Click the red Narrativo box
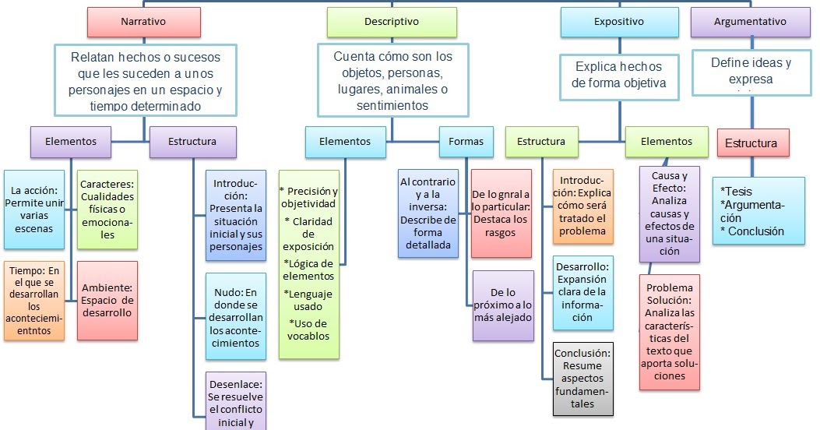coord(143,22)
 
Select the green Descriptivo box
coord(391,22)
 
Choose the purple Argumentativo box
coord(750,22)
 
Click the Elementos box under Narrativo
coord(71,142)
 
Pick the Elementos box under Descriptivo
coord(345,142)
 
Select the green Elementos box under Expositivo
coord(666,142)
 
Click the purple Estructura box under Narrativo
coord(192,142)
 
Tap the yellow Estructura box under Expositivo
coord(541,142)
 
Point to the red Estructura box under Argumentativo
coord(751,143)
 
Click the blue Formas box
coord(466,142)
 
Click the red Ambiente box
coord(107,300)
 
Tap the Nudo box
coord(236,315)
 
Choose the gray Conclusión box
coord(582,378)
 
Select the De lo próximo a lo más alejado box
coord(502,305)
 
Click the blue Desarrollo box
coord(582,291)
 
